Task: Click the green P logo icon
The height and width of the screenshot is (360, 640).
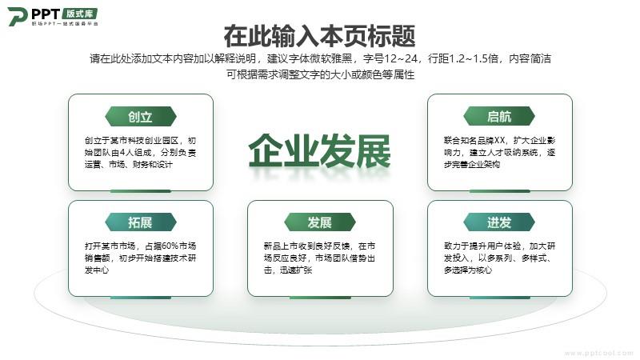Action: click(x=17, y=16)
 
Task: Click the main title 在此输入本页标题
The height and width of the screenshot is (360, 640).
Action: click(x=319, y=36)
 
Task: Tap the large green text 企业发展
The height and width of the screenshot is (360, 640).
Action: click(x=319, y=151)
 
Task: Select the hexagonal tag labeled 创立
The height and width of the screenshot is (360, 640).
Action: click(x=141, y=117)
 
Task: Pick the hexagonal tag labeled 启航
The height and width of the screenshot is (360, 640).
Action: click(x=498, y=117)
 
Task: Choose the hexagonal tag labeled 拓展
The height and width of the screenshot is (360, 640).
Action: click(x=141, y=222)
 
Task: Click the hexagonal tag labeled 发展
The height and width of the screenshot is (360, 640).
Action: click(x=319, y=222)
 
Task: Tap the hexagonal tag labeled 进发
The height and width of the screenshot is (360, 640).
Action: click(x=498, y=222)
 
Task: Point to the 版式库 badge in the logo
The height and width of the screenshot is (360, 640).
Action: click(x=80, y=14)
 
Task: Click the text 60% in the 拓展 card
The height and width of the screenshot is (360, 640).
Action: click(x=170, y=246)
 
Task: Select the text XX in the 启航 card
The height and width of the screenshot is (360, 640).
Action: click(x=499, y=141)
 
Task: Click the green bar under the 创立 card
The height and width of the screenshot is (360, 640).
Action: click(x=141, y=191)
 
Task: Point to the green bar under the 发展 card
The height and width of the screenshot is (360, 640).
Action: click(x=320, y=298)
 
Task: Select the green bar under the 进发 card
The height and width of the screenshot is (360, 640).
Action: click(x=499, y=298)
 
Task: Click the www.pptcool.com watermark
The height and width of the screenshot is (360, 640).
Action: click(x=598, y=354)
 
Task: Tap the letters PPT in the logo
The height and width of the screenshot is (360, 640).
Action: click(x=46, y=14)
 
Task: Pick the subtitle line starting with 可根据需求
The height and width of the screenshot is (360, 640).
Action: click(x=321, y=74)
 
